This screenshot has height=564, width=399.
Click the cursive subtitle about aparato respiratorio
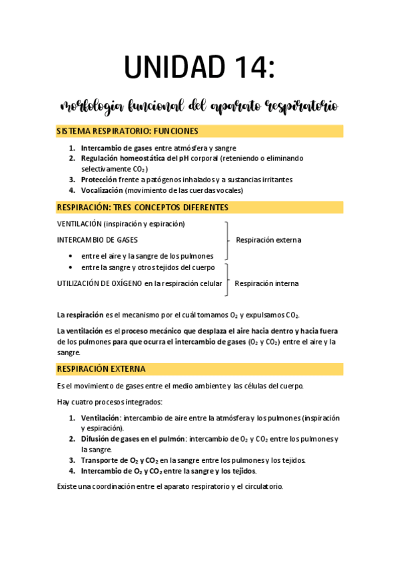(x=199, y=106)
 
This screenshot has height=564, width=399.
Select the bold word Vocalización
(x=102, y=190)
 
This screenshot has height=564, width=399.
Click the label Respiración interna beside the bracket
(x=266, y=283)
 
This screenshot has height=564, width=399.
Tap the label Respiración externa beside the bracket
(x=268, y=239)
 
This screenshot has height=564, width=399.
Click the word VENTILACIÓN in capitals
(x=79, y=223)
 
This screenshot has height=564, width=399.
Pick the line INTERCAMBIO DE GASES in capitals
(x=98, y=239)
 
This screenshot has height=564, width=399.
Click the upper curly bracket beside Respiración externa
(x=227, y=240)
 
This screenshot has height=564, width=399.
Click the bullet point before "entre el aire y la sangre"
(x=71, y=256)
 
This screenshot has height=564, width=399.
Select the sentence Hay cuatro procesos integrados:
(x=109, y=402)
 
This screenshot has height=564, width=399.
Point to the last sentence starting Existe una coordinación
(x=170, y=486)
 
